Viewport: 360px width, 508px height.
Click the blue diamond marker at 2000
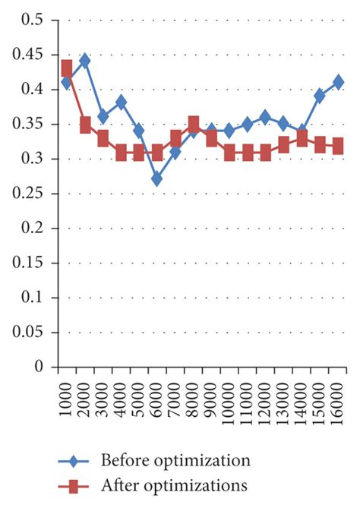pos(84,61)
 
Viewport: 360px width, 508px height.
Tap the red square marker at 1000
pos(66,68)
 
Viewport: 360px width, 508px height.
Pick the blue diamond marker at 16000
pos(338,82)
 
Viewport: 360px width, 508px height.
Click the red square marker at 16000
pos(338,146)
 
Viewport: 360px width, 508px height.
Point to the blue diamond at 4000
pos(121,103)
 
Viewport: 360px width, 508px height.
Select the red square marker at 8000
pos(193,124)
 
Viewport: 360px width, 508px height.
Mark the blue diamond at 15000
pos(320,96)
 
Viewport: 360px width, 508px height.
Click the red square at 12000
pos(265,153)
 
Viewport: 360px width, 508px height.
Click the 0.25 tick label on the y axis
pos(29,194)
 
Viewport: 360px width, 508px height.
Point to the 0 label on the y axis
pos(39,368)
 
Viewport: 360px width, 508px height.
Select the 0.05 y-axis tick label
pos(29,333)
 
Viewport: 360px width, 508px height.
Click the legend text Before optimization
pos(175,461)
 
